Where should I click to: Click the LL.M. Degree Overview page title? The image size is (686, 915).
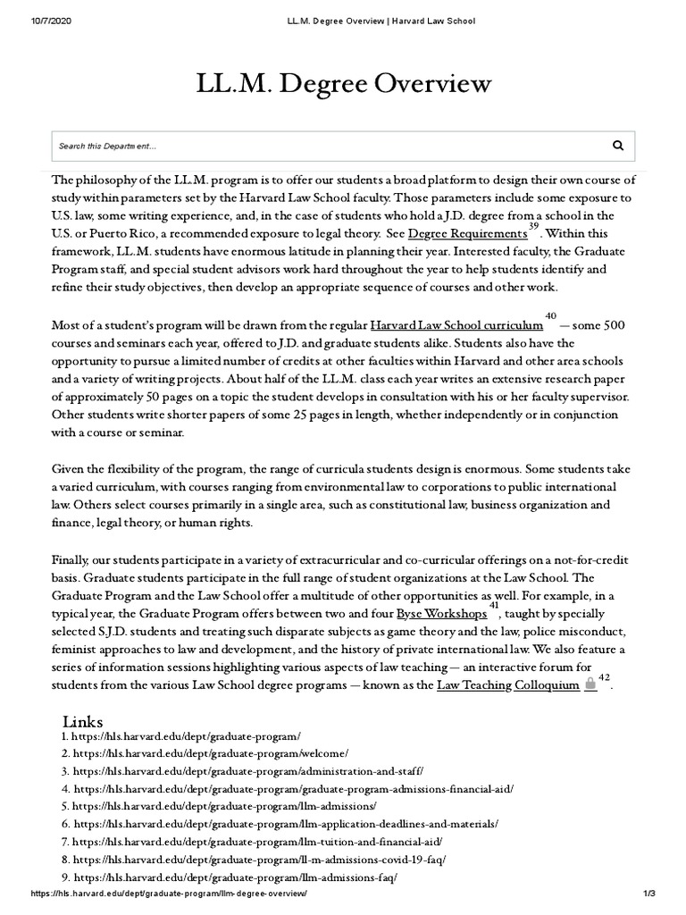pos(343,84)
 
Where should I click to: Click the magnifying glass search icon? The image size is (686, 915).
pos(618,145)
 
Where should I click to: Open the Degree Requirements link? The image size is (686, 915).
pos(467,234)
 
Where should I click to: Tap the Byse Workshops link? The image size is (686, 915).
pos(441,614)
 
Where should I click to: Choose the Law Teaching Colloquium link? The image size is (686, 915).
pos(507,685)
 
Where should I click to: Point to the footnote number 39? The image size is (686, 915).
pos(533,226)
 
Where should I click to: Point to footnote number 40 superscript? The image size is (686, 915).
pos(550,315)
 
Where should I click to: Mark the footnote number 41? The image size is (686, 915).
pos(494,605)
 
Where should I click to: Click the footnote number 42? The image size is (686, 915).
pos(604,678)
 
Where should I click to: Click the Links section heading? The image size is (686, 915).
pos(83,721)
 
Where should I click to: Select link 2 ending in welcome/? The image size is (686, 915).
pos(211,753)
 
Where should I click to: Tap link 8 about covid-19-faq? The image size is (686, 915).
pos(259,860)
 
